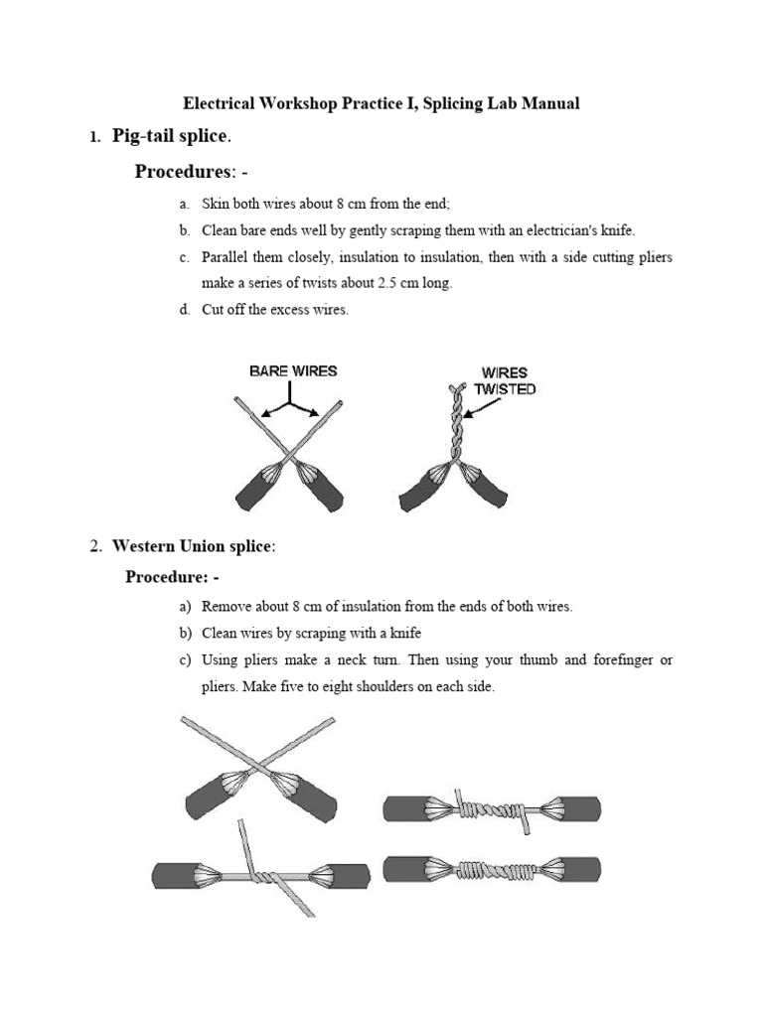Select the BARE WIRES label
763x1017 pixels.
point(293,370)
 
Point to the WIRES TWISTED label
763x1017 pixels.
point(504,381)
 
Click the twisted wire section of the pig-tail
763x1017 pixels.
point(454,422)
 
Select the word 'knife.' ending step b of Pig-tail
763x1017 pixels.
point(613,230)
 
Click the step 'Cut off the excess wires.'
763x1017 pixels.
point(275,310)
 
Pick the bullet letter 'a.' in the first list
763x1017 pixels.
point(185,205)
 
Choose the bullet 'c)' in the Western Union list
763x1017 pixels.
point(185,660)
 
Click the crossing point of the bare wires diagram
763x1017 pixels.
point(289,457)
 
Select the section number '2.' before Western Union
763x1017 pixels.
point(95,546)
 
